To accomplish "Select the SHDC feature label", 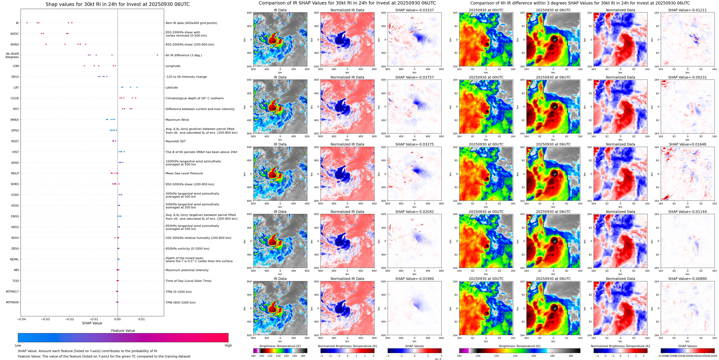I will [15, 34].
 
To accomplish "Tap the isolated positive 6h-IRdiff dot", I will [157, 55].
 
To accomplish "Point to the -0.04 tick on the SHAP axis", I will [21, 319].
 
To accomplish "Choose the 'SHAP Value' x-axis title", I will [92, 323].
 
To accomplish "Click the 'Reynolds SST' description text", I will [175, 141].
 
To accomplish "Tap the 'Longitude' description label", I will [173, 66].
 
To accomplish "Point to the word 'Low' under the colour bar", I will [18, 345].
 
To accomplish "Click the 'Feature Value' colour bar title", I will [123, 331].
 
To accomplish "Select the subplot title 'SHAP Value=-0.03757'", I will [415, 77].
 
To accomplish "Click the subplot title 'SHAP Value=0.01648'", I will [687, 144].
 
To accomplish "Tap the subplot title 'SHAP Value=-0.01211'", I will [687, 10].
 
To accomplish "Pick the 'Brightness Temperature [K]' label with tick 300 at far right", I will [520, 346].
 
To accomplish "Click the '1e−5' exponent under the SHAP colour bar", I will [438, 359].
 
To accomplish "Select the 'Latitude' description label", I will [172, 88].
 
